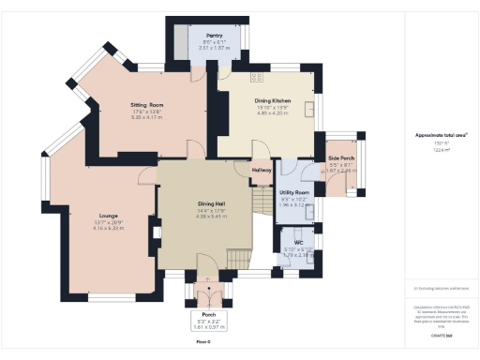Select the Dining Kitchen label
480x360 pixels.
tap(273, 100)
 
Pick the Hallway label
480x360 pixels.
tap(262, 170)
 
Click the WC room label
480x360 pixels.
tap(298, 242)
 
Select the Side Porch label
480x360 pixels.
tap(339, 158)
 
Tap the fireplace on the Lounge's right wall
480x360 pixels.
tap(155, 232)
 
